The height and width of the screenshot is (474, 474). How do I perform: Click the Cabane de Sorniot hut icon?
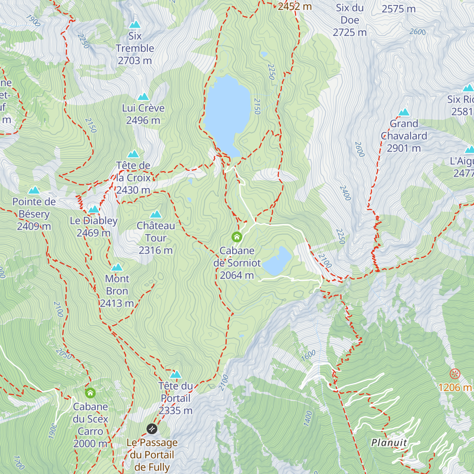click(x=237, y=237)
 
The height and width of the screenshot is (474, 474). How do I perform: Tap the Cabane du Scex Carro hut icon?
click(x=90, y=393)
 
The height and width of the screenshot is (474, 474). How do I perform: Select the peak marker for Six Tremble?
click(x=135, y=24)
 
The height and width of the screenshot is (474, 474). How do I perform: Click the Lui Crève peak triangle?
click(x=143, y=97)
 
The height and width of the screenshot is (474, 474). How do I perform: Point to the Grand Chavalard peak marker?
click(x=404, y=113)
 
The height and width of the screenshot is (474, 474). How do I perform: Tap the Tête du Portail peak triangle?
click(x=175, y=374)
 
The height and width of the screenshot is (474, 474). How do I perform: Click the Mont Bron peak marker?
click(x=117, y=267)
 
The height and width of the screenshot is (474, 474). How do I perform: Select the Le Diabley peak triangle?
click(x=94, y=209)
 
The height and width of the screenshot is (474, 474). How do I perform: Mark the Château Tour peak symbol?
click(x=156, y=214)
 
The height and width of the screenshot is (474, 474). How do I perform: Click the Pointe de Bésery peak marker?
click(x=34, y=190)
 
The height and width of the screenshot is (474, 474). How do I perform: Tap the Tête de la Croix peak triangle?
click(x=133, y=154)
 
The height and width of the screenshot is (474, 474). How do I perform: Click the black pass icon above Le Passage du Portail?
click(x=152, y=429)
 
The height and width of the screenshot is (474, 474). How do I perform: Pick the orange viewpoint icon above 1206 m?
click(x=455, y=373)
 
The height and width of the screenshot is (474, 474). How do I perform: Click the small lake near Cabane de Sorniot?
click(x=277, y=261)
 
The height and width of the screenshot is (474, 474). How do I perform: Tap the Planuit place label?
click(x=389, y=442)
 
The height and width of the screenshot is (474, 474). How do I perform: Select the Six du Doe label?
click(x=350, y=14)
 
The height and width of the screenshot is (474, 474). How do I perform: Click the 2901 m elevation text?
click(x=404, y=148)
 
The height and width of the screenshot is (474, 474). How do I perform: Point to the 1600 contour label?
click(x=308, y=355)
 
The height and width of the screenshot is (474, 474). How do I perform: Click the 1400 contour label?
click(x=308, y=418)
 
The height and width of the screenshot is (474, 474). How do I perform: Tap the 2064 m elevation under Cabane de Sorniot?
click(x=237, y=275)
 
